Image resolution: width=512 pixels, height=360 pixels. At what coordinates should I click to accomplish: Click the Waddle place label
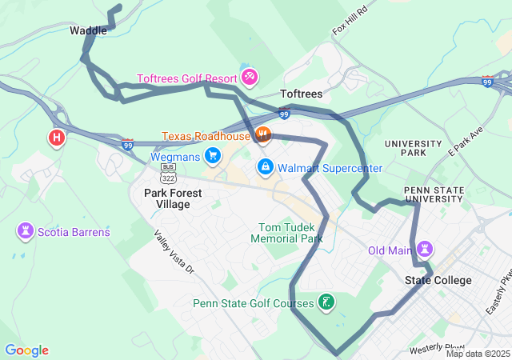point(88,30)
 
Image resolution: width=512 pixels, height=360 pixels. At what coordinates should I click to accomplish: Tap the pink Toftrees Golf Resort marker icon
point(249,78)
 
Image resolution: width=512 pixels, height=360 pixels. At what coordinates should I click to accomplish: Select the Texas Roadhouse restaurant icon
point(263,135)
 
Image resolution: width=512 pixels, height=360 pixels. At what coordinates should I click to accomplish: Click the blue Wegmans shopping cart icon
point(212,154)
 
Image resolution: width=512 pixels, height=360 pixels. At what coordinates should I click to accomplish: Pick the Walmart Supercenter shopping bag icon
point(264,167)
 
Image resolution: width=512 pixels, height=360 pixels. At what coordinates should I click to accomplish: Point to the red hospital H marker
point(57,138)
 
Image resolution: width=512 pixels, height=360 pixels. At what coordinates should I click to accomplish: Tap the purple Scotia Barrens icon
point(25,232)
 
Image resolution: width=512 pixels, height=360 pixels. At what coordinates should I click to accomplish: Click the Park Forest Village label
point(173,198)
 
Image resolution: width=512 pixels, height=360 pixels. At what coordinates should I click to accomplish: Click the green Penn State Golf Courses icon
point(326,302)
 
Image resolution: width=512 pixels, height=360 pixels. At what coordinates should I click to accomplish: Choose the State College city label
point(438,280)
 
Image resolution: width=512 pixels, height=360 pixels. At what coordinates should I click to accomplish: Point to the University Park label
point(412,148)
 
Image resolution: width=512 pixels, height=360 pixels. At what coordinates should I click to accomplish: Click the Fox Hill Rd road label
point(350,21)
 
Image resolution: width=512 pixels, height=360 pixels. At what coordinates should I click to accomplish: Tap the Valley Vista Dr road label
point(174,254)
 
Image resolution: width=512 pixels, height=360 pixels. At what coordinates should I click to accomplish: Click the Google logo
point(26,350)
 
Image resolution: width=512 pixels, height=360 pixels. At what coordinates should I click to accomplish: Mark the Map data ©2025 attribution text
point(478,354)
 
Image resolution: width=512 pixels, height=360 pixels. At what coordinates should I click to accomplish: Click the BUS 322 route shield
point(168,176)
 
